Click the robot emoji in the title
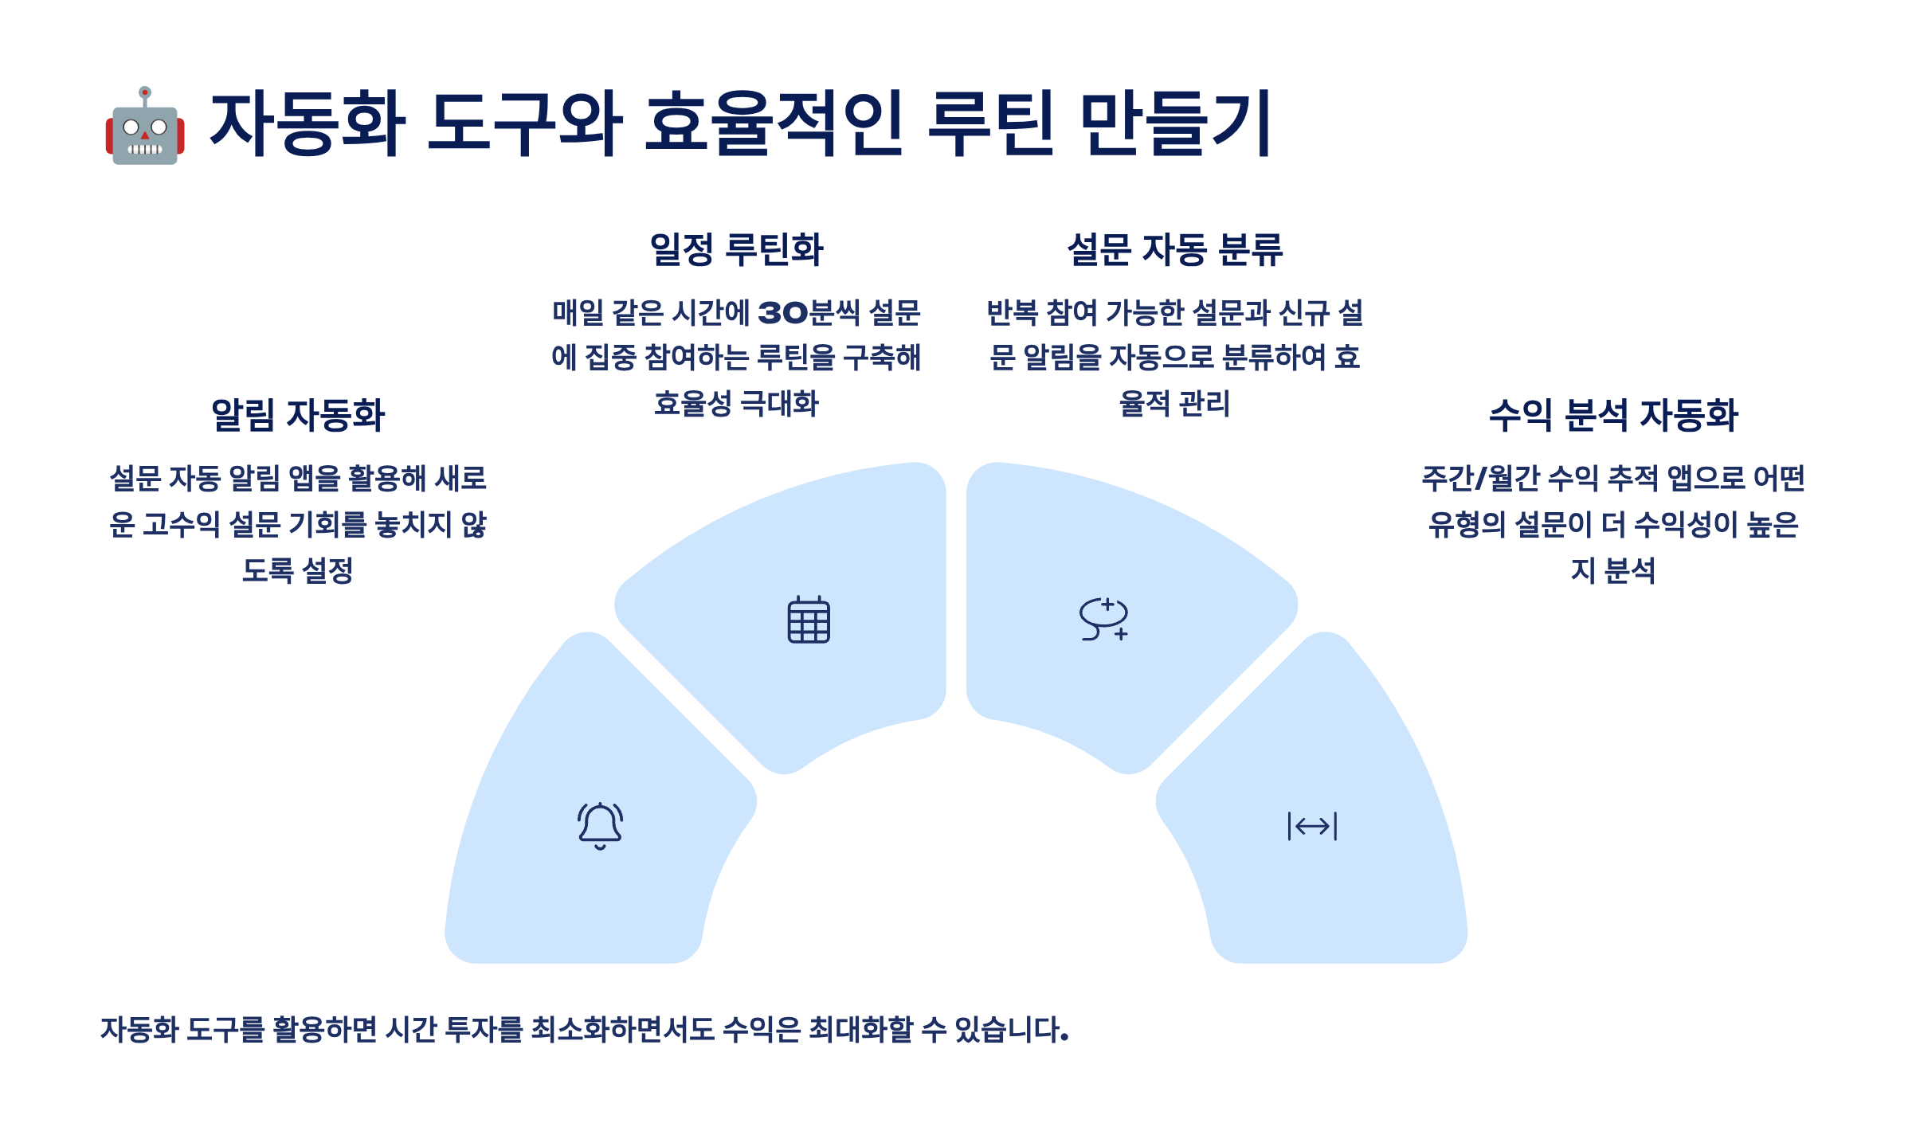click(145, 127)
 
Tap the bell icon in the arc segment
click(600, 826)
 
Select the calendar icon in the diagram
click(809, 620)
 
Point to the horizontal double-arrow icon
click(1312, 826)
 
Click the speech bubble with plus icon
click(1104, 619)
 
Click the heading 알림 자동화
click(298, 415)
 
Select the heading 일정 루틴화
click(736, 249)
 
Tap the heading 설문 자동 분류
click(1175, 249)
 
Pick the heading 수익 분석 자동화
click(1613, 415)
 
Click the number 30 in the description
click(782, 313)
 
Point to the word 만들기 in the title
click(1175, 123)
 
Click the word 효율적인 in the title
click(773, 123)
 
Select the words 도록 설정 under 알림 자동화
click(298, 570)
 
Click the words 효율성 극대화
click(736, 404)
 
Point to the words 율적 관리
click(1175, 404)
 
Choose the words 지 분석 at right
click(1613, 570)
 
